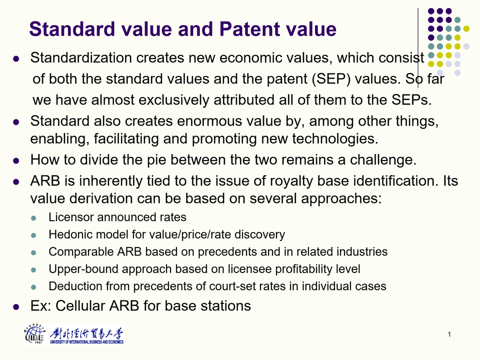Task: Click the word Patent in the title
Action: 250,29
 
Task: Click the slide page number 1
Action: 449,334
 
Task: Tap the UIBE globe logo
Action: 34,335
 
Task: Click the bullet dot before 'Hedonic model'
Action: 33,235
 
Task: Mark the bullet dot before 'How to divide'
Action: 16,160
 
